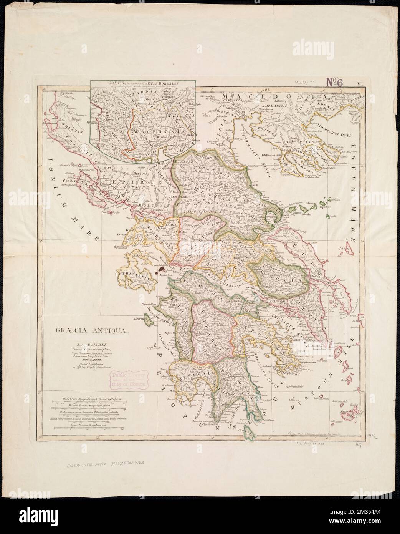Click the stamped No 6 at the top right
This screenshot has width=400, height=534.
[335, 81]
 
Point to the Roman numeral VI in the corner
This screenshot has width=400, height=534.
[360, 82]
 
